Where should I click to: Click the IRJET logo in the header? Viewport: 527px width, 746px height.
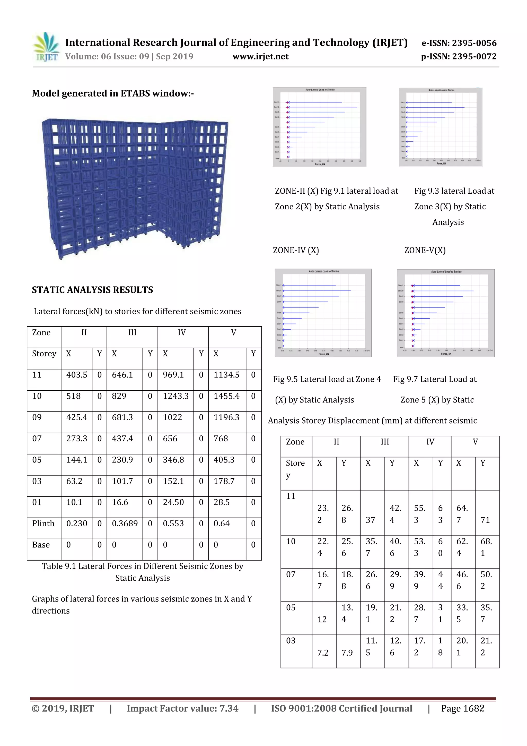click(46, 47)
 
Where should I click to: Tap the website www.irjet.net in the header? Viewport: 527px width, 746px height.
click(260, 57)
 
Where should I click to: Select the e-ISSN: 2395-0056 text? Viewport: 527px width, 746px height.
click(459, 43)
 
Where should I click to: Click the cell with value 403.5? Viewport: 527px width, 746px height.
click(77, 375)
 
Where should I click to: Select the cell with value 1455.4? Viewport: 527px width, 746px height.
click(226, 396)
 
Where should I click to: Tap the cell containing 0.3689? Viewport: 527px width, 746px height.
click(125, 524)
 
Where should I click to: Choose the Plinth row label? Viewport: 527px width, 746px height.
click(43, 524)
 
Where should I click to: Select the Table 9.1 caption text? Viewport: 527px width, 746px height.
click(143, 572)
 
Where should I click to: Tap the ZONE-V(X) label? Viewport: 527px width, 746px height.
click(425, 250)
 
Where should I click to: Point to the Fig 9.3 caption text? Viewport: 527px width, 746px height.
click(454, 206)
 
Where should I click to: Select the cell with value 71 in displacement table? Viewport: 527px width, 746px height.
click(485, 520)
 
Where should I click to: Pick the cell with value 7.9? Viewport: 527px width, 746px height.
click(347, 653)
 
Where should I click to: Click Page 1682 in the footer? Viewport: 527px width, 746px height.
click(462, 708)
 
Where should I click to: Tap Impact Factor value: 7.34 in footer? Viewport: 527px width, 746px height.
click(182, 708)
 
